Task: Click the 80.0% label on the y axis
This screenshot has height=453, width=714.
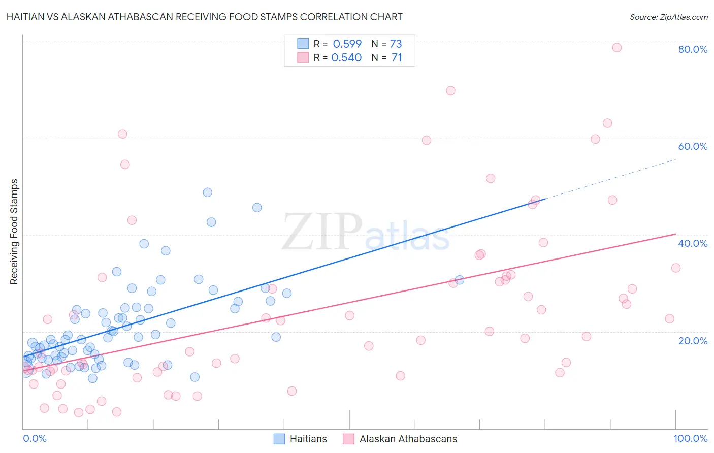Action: point(693,49)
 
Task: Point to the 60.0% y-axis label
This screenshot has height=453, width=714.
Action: point(693,146)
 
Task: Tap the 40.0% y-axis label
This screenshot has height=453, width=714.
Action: point(693,243)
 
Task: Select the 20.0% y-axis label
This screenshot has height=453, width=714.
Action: point(693,341)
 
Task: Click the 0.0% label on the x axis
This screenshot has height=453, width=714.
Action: point(35,438)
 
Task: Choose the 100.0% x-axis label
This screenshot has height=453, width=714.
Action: point(690,438)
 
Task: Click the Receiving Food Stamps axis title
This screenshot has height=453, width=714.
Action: point(14,232)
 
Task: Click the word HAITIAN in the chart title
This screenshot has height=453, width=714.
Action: point(27,17)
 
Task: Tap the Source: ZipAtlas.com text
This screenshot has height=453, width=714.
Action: point(668,17)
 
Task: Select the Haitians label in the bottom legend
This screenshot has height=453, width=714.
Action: point(308,439)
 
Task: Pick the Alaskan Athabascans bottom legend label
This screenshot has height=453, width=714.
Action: point(408,439)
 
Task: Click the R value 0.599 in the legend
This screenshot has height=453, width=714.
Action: point(347,44)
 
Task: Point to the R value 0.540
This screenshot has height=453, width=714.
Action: point(346,58)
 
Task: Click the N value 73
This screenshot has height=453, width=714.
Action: point(396,44)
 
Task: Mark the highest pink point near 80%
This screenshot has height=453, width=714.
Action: point(617,48)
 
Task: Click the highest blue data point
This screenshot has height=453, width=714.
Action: point(208,192)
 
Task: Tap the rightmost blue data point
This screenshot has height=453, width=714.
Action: point(460,280)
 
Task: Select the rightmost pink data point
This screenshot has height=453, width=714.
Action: point(676,268)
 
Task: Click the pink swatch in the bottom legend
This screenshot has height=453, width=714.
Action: point(348,439)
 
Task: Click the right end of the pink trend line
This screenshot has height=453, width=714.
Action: point(676,234)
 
